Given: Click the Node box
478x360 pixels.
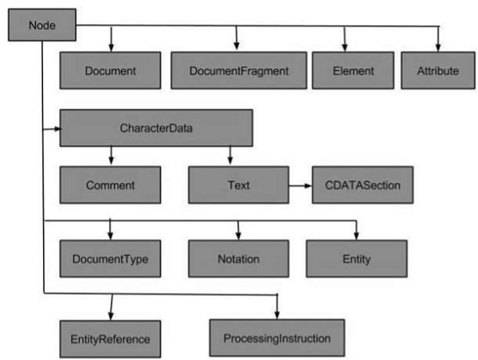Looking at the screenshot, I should (41, 25).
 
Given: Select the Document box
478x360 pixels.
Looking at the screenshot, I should (110, 71).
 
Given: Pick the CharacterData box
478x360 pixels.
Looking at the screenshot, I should (156, 128).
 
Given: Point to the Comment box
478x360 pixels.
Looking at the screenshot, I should (110, 185).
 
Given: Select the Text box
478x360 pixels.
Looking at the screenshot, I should (237, 185).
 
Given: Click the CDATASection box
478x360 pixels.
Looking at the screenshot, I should (362, 185).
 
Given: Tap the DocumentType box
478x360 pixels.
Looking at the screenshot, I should (110, 258).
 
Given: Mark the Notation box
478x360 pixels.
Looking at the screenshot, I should (237, 258).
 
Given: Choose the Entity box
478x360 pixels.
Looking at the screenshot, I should (357, 258).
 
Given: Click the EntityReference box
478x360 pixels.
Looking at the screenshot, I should (110, 338).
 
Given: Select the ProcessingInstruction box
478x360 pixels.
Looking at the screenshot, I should (277, 338).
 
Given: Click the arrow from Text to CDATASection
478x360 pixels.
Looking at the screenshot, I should (300, 186).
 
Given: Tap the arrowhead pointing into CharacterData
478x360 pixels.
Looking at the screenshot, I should (56, 128).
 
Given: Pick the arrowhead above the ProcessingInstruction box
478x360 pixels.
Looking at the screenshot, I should (277, 315).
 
